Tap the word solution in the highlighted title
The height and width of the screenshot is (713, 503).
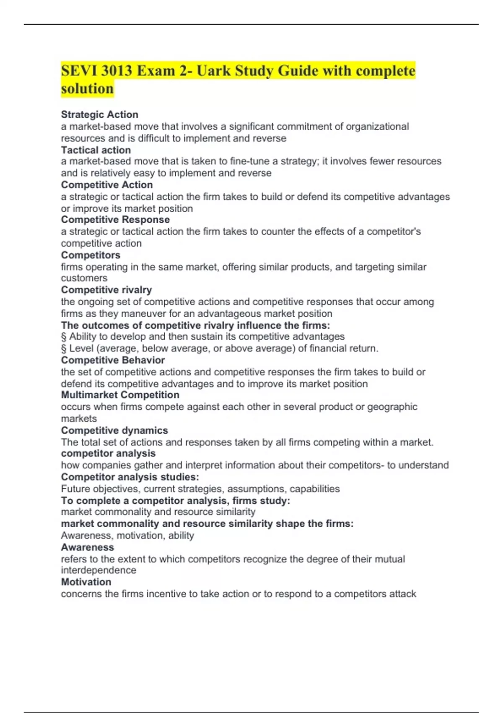[87, 88]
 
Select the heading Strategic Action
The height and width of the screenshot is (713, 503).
[99, 114]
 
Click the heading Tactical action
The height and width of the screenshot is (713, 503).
[96, 150]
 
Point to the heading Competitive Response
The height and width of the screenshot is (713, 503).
[115, 219]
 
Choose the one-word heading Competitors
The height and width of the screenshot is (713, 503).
[91, 255]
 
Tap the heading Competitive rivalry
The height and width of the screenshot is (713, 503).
[106, 290]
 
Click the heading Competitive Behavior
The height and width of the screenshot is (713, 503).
[113, 360]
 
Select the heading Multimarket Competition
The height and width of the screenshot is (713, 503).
[120, 395]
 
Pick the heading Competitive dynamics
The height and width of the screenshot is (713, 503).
[114, 430]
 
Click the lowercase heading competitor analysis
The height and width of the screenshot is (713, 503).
[108, 453]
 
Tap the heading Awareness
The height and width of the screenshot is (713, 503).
[87, 547]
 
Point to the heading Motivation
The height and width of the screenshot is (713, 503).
[86, 582]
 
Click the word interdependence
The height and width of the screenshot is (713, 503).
[99, 570]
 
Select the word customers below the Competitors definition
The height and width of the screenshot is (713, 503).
[84, 278]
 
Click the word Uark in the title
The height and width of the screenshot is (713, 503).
[213, 70]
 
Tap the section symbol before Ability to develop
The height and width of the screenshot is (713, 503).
[64, 336]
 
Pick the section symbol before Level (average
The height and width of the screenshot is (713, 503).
[64, 348]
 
